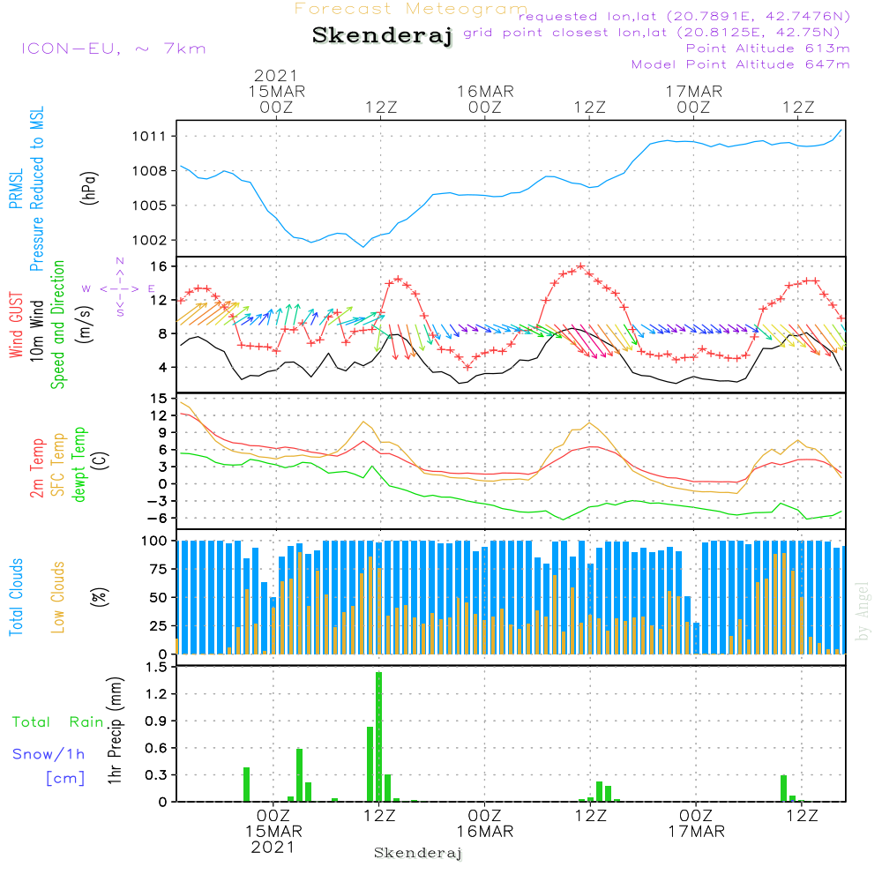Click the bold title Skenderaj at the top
[x=382, y=35]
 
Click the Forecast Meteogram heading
[x=411, y=10]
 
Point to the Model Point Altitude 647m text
[x=740, y=64]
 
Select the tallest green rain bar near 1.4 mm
[x=379, y=736]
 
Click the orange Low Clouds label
[x=58, y=596]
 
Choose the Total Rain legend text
[x=57, y=722]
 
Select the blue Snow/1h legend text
[x=49, y=754]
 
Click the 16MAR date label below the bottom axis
[x=484, y=832]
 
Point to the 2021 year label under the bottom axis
[x=273, y=847]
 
